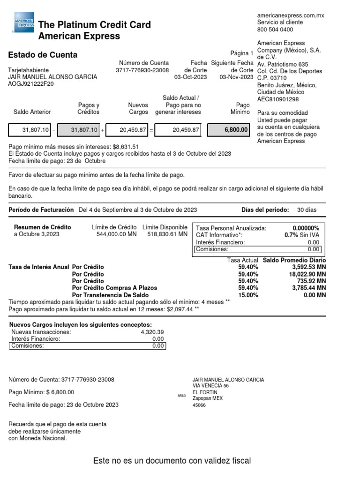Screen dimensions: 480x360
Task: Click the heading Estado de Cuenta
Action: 43,55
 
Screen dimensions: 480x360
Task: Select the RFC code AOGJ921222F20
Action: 31,84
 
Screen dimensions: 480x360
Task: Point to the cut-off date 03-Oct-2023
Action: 191,77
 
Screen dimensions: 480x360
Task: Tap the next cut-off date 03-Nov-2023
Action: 236,77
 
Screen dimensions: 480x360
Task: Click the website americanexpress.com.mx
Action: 291,15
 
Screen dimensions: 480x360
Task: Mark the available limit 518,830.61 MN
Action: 167,234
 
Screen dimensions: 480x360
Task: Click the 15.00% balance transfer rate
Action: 248,295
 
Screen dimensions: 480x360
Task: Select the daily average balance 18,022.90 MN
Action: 307,274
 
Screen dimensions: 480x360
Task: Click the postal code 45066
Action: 199,405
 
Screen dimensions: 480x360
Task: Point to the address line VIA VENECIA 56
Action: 211,386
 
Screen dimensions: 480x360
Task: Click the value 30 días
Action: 307,210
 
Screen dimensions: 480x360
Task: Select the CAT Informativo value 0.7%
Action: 292,235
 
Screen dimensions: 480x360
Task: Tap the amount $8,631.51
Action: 126,146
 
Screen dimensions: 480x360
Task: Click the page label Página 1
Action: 241,53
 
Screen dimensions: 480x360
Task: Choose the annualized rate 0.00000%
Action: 306,228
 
